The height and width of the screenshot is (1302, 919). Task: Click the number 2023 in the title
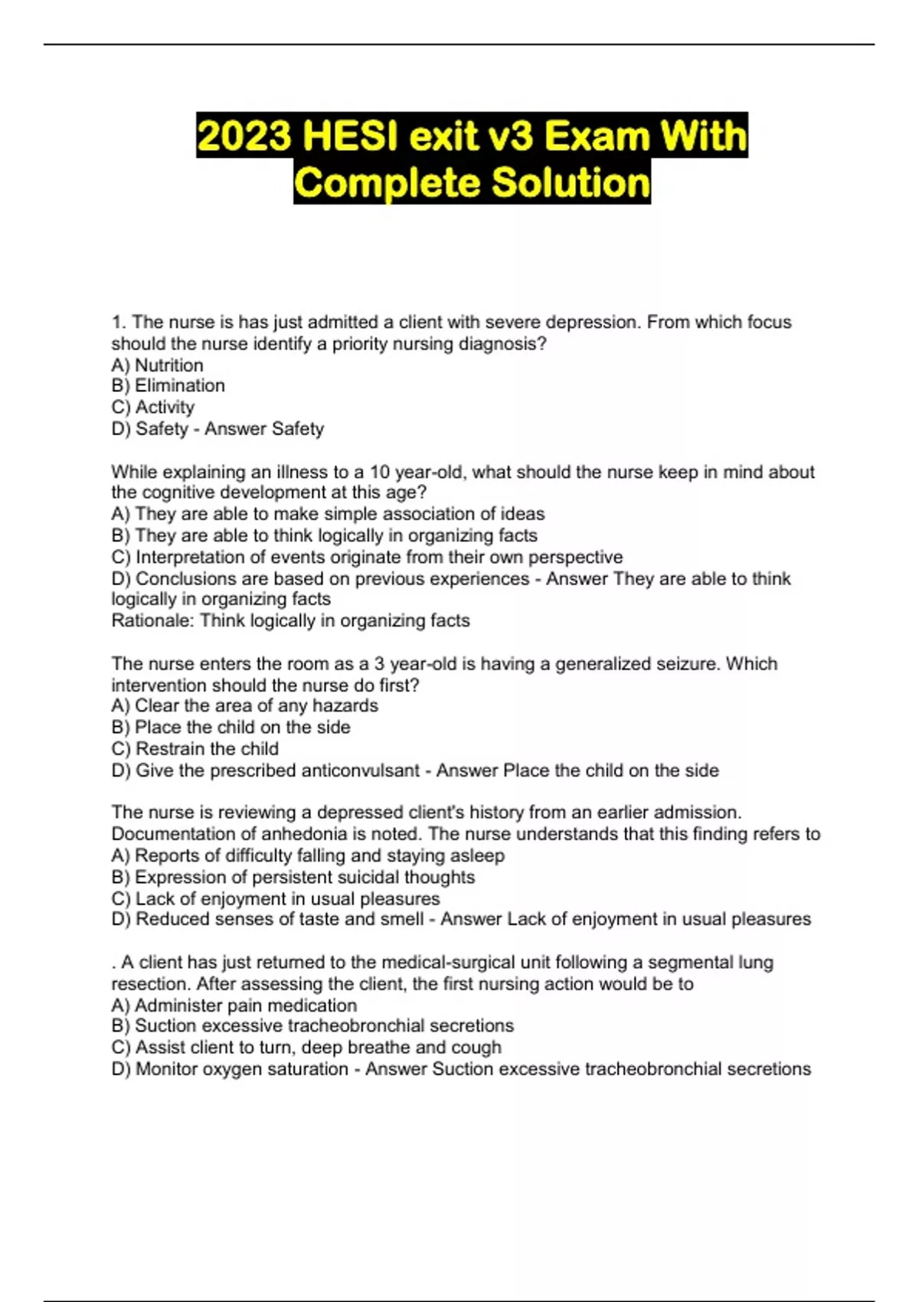[244, 136]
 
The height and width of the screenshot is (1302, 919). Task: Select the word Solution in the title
[571, 183]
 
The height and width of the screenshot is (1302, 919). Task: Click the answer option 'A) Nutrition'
[157, 365]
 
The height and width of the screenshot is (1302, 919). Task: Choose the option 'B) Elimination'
[168, 386]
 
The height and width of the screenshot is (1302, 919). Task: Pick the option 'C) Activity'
[152, 407]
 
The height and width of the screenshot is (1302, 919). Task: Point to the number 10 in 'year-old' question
[381, 472]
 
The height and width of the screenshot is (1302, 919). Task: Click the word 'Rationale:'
[152, 620]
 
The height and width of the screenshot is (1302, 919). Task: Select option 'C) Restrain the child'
[195, 748]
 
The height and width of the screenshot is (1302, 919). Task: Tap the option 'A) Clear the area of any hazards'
[244, 705]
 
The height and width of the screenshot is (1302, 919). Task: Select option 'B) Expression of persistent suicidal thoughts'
[293, 877]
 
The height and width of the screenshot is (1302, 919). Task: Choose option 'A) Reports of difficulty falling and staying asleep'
[308, 855]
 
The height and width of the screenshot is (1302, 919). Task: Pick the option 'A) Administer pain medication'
[234, 1005]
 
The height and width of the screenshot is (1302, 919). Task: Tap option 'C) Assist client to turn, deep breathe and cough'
[306, 1047]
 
